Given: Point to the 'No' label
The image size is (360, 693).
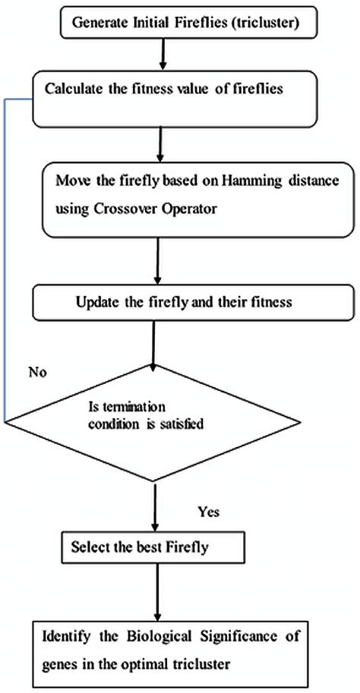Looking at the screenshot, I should point(37,373).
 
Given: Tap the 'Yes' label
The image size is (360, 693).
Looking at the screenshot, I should point(207,512).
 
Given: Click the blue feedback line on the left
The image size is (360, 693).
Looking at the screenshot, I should point(6,266).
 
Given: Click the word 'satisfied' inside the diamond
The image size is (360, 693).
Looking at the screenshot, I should point(182,424).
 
